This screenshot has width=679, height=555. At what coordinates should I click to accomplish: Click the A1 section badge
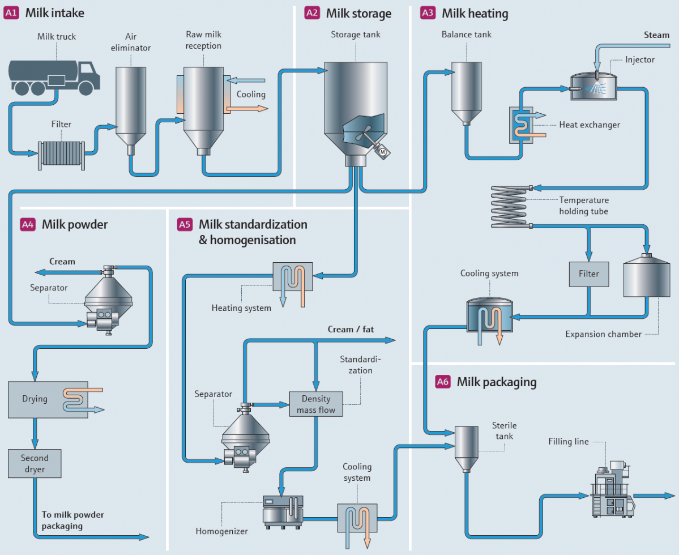tap(11, 13)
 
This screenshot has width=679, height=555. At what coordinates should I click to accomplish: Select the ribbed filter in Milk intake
tap(61, 153)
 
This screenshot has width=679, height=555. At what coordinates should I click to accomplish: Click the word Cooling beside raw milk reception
tap(251, 95)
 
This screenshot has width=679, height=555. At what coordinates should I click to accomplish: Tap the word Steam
tap(656, 35)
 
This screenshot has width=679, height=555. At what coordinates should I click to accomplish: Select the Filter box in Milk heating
tap(588, 274)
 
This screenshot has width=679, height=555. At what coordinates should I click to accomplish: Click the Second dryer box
tap(35, 463)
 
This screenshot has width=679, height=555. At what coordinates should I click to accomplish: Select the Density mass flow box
tap(315, 404)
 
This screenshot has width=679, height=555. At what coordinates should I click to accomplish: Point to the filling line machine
tap(610, 489)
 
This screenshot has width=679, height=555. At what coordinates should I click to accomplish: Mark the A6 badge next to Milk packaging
tap(443, 382)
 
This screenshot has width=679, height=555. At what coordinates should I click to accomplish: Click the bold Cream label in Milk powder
tap(62, 262)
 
